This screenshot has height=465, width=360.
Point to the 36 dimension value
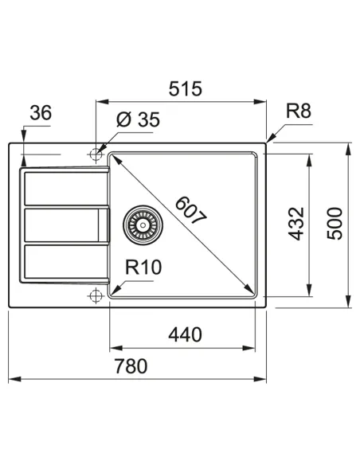pos(41,113)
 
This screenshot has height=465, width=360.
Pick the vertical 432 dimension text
pos(296,224)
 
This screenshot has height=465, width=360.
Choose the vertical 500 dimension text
pos(335,224)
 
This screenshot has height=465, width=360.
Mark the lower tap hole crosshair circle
pos(96,296)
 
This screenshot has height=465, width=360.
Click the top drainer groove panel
pos(63,189)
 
